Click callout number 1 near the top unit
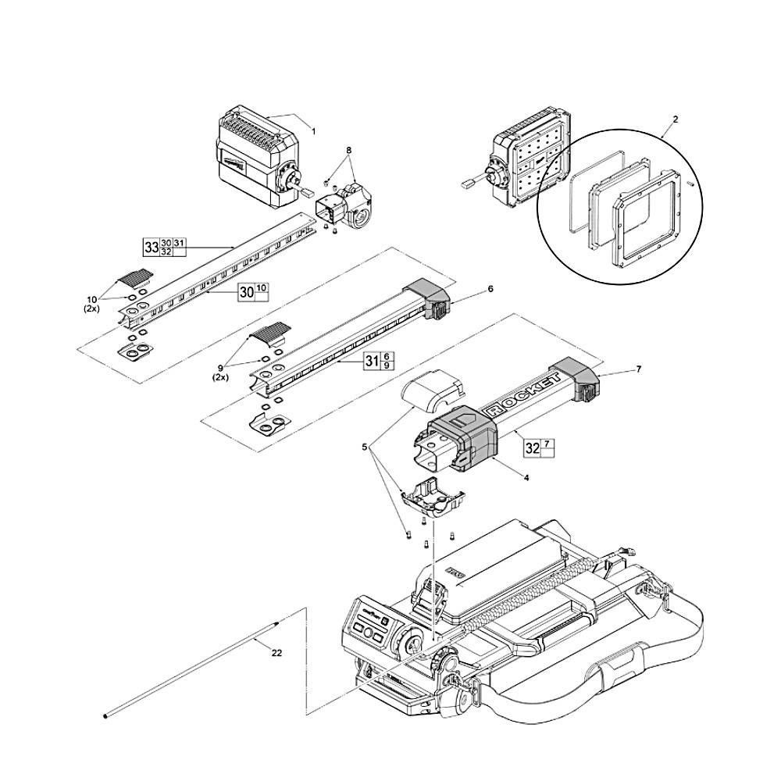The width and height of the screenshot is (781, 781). click(x=314, y=132)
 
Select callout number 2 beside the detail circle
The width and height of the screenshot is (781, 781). click(x=675, y=119)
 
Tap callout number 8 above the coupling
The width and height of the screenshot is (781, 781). click(x=348, y=149)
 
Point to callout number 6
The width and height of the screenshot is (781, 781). click(x=490, y=288)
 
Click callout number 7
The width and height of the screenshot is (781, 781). click(x=638, y=369)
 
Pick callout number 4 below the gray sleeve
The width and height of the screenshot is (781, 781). click(x=526, y=477)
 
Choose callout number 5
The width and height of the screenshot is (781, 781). click(x=363, y=448)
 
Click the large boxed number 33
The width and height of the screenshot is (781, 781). click(x=151, y=248)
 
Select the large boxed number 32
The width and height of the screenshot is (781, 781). click(x=532, y=449)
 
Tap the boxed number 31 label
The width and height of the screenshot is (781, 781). click(x=372, y=361)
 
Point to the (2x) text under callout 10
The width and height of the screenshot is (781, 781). click(x=92, y=308)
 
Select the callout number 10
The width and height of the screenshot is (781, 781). click(x=92, y=299)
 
